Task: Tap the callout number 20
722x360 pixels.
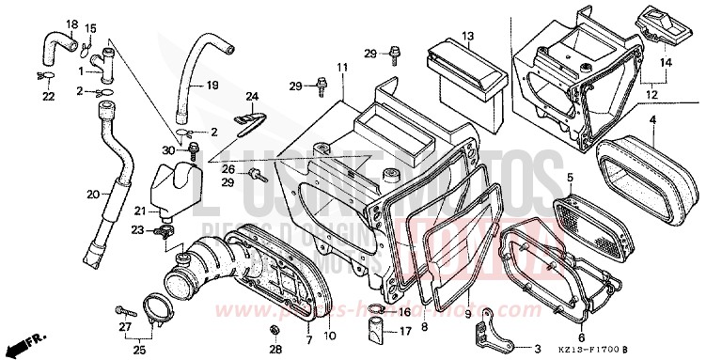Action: tap(93, 195)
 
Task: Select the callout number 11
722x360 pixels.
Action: tap(342, 67)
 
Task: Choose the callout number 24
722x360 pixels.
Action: tap(251, 96)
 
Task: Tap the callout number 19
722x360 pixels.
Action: tap(212, 86)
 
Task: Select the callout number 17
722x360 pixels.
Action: tap(405, 332)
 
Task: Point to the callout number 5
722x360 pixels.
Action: tap(569, 177)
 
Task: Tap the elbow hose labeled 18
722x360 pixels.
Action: tap(54, 42)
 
